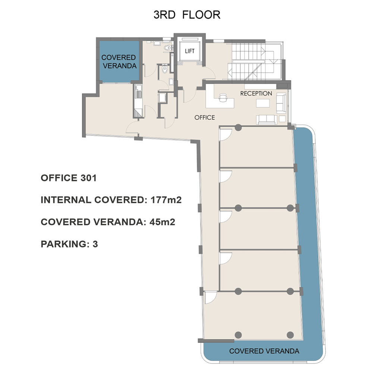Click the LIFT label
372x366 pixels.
190,51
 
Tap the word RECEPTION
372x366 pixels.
256,94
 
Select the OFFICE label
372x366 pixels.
205,118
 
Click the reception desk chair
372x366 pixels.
223,97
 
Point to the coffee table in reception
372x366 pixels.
263,103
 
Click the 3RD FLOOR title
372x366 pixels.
187,15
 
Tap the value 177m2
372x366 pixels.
166,200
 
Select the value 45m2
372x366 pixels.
162,222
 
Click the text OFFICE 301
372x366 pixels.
69,178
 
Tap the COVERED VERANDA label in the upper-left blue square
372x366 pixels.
119,62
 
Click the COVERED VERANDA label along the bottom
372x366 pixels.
264,351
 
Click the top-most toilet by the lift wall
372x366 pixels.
168,48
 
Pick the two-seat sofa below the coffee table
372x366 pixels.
267,120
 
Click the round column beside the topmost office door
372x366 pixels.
238,128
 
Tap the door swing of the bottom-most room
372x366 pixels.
211,297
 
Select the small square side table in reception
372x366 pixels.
282,119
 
